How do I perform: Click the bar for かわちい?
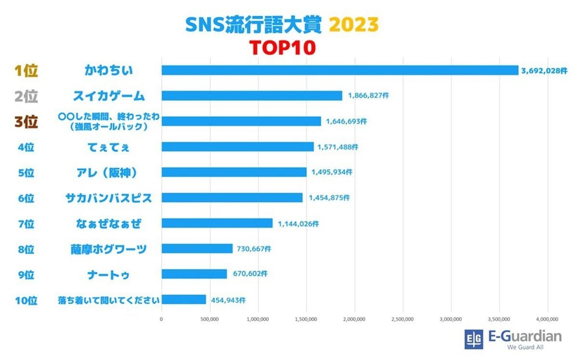[x=340, y=70]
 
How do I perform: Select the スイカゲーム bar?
[x=251, y=95]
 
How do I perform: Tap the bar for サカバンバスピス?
[x=232, y=198]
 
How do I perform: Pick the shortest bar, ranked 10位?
[x=184, y=300]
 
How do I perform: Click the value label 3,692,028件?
[x=543, y=70]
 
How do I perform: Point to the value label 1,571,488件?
[x=338, y=147]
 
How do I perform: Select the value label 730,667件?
[x=254, y=249]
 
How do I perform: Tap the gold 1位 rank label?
[x=26, y=71]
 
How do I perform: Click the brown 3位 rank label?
[x=26, y=122]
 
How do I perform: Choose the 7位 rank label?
[x=26, y=224]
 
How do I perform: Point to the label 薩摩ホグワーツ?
[x=108, y=249]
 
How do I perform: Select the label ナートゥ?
[x=108, y=274]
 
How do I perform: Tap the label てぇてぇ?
[x=108, y=147]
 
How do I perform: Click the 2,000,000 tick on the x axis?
[x=355, y=319]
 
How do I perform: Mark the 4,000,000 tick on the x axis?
[x=547, y=319]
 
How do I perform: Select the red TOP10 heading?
[x=282, y=47]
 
